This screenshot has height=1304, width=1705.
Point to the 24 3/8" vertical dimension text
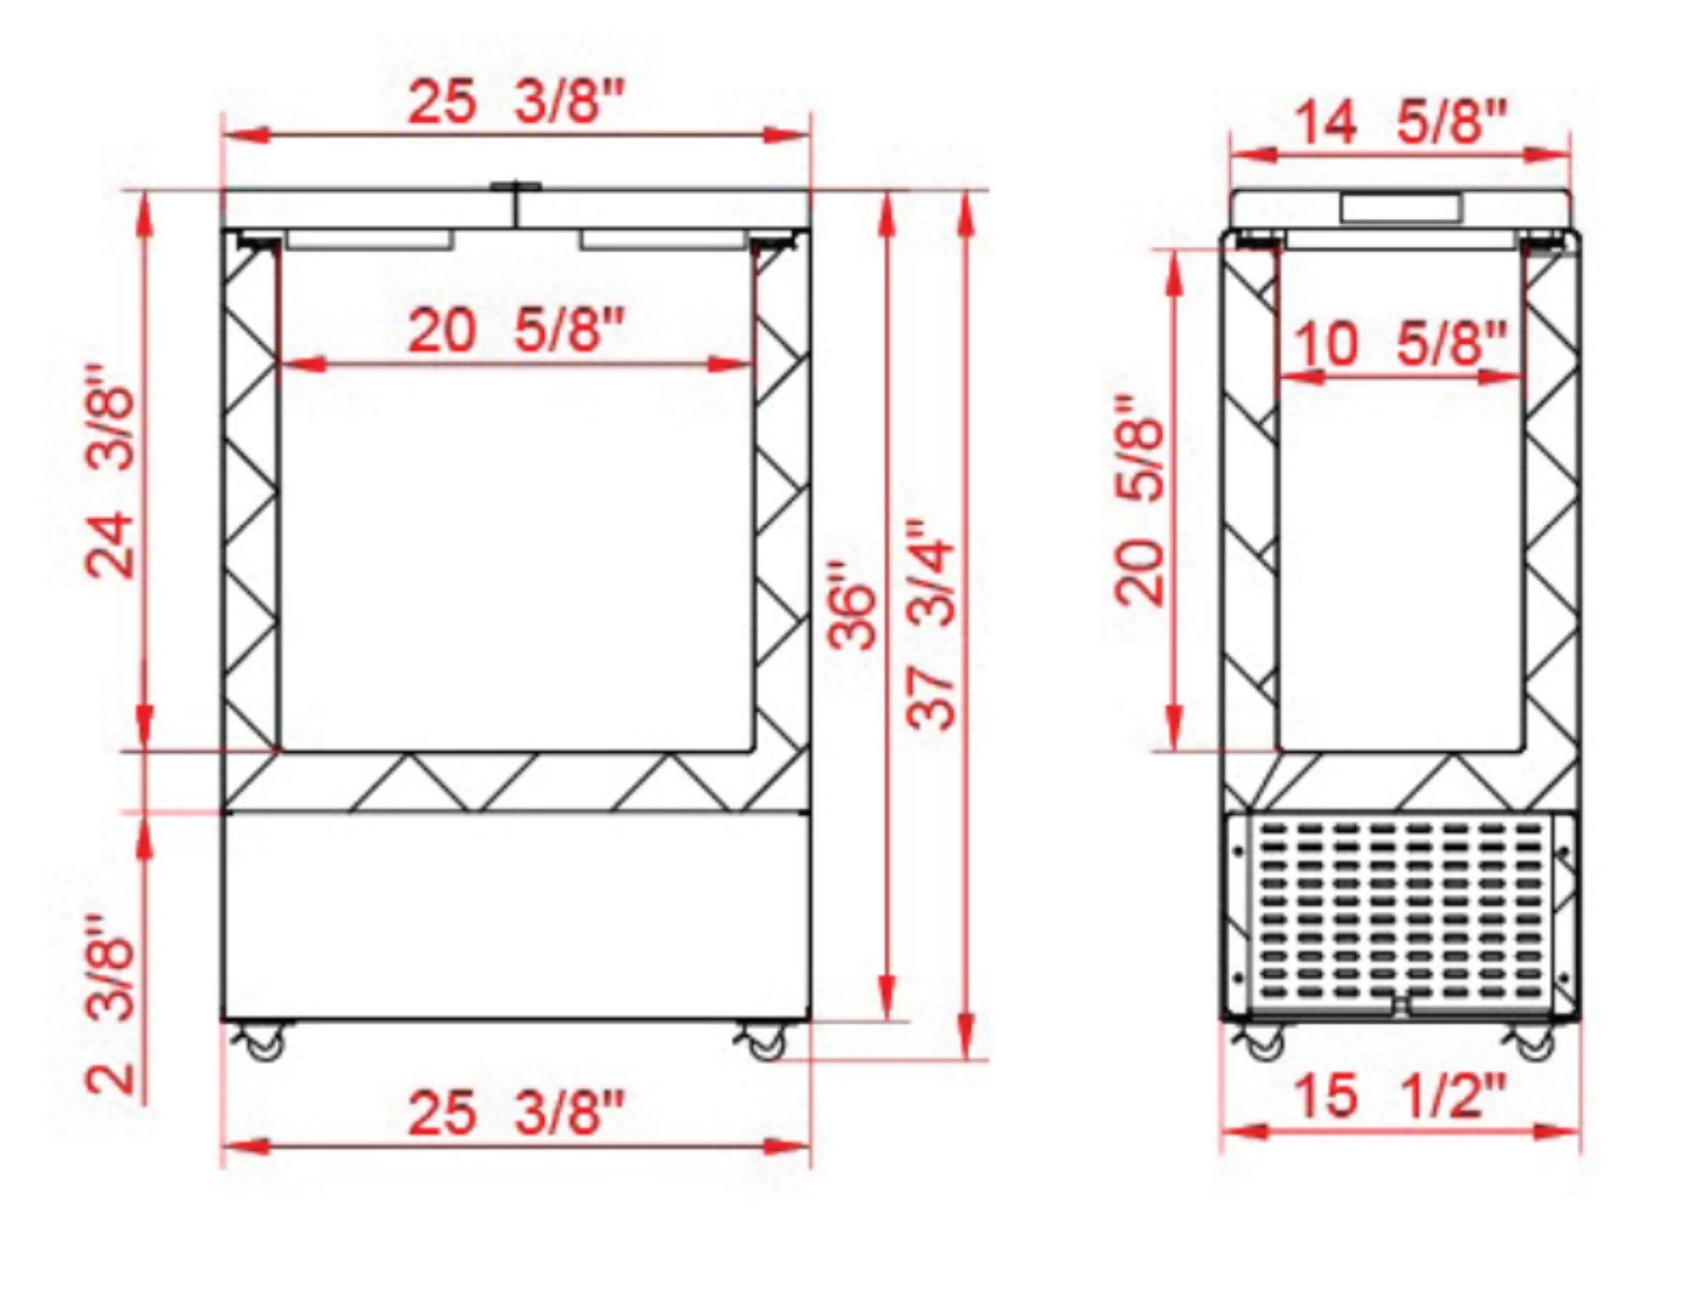tap(112, 470)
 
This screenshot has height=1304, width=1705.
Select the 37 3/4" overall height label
tap(932, 624)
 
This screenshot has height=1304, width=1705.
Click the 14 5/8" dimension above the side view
tap(1399, 121)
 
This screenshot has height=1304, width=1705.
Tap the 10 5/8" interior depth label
tap(1399, 343)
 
